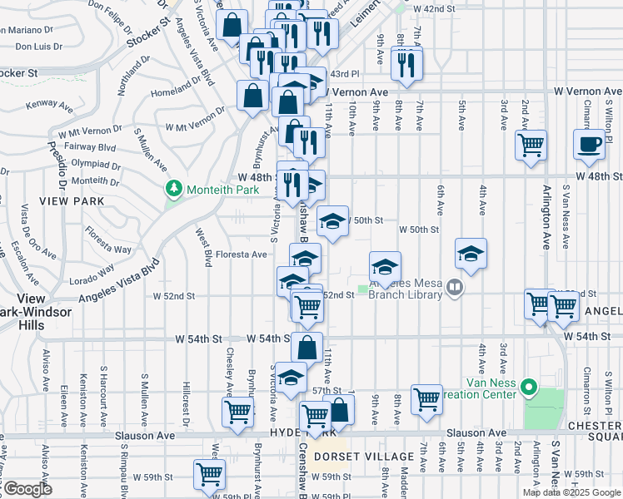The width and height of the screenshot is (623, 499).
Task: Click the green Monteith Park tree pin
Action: [x=174, y=190]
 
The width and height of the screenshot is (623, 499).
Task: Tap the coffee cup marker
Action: [x=589, y=143]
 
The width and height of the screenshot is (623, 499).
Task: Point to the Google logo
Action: [x=27, y=489]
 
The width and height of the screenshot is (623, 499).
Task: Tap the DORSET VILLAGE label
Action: [x=365, y=457]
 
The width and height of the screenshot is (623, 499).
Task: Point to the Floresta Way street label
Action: [x=111, y=249]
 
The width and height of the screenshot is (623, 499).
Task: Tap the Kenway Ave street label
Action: [x=48, y=105]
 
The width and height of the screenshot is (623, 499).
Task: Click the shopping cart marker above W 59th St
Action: [x=209, y=473]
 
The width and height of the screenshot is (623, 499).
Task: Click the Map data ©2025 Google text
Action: [x=571, y=492]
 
